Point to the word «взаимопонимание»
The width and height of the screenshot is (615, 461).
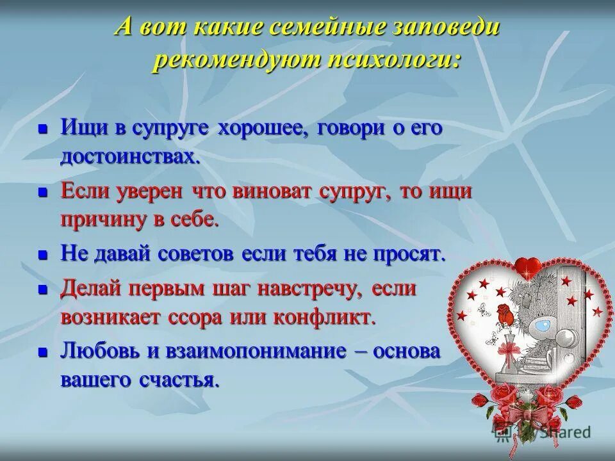pos(241,352)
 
